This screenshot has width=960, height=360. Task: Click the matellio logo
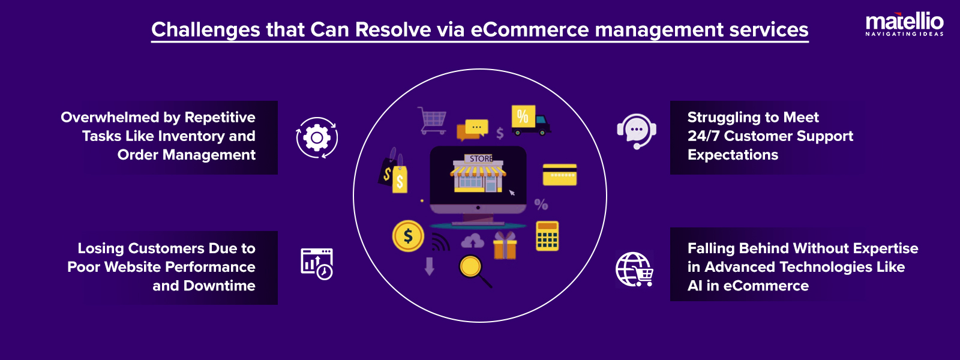(904, 23)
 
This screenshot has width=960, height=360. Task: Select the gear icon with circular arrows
(317, 138)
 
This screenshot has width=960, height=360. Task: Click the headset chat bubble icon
(636, 131)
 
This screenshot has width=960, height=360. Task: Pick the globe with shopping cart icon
(634, 269)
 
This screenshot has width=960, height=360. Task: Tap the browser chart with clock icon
(316, 263)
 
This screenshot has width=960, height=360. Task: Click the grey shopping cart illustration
(432, 120)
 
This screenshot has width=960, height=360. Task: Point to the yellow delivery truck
(530, 120)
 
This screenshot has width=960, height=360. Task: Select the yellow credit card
(559, 175)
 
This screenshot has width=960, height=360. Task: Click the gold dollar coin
(408, 236)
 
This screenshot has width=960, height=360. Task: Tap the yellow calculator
(547, 236)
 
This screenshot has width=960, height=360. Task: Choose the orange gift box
(505, 246)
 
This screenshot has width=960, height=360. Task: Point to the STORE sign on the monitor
(481, 158)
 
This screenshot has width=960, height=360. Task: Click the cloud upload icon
(473, 241)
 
